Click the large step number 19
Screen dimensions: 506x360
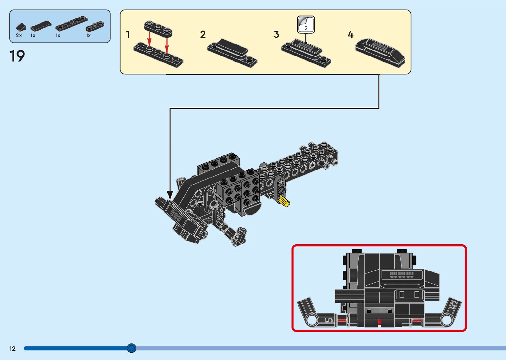17,56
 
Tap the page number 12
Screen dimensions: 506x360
12,348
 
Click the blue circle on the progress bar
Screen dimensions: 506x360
132,348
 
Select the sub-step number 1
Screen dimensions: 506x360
128,34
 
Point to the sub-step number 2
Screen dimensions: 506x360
203,34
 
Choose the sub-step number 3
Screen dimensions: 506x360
277,34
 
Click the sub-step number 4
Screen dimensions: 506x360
350,34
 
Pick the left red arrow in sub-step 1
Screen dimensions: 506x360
149,39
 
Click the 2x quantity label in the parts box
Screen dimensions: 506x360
19,35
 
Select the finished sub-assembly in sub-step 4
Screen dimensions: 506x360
380,53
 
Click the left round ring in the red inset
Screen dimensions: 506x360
312,320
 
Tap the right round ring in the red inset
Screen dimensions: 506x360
447,320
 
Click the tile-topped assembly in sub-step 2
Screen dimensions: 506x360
232,52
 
